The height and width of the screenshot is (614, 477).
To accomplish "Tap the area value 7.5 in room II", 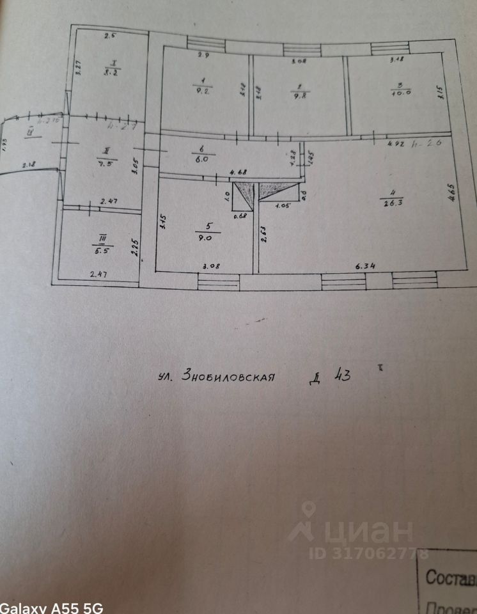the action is (104, 162).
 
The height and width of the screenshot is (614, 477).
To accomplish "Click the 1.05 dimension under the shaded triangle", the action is (282, 205).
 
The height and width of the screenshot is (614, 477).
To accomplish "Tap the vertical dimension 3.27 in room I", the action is (79, 68).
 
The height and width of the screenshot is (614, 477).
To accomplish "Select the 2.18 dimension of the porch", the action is (29, 165).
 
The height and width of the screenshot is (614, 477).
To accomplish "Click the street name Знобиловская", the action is (228, 376).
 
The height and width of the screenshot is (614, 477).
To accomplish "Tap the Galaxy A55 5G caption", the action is (51, 607).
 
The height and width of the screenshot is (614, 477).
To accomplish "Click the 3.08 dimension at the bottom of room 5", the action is (211, 265).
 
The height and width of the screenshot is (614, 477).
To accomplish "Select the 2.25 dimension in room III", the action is (135, 248).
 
